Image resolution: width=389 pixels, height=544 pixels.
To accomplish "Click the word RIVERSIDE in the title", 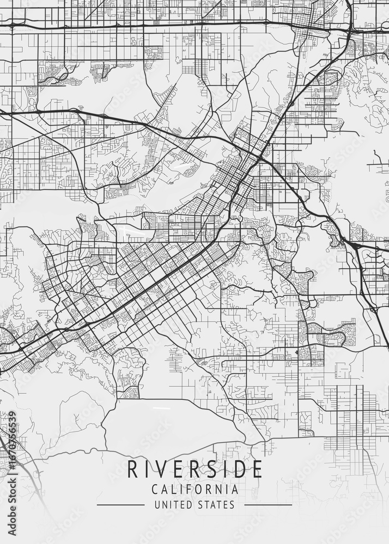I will [x=194, y=469].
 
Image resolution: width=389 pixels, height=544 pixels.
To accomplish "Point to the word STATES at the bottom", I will [x=216, y=505].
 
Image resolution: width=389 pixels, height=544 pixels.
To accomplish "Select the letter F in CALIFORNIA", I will [x=190, y=490].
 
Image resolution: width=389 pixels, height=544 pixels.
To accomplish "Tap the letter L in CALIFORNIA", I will [x=174, y=490].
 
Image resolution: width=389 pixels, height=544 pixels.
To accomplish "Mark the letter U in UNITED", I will [x=157, y=505].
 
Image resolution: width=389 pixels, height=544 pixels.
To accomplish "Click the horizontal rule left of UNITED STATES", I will [x=120, y=505].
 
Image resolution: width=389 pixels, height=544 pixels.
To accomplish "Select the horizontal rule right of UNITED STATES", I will [x=268, y=505].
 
